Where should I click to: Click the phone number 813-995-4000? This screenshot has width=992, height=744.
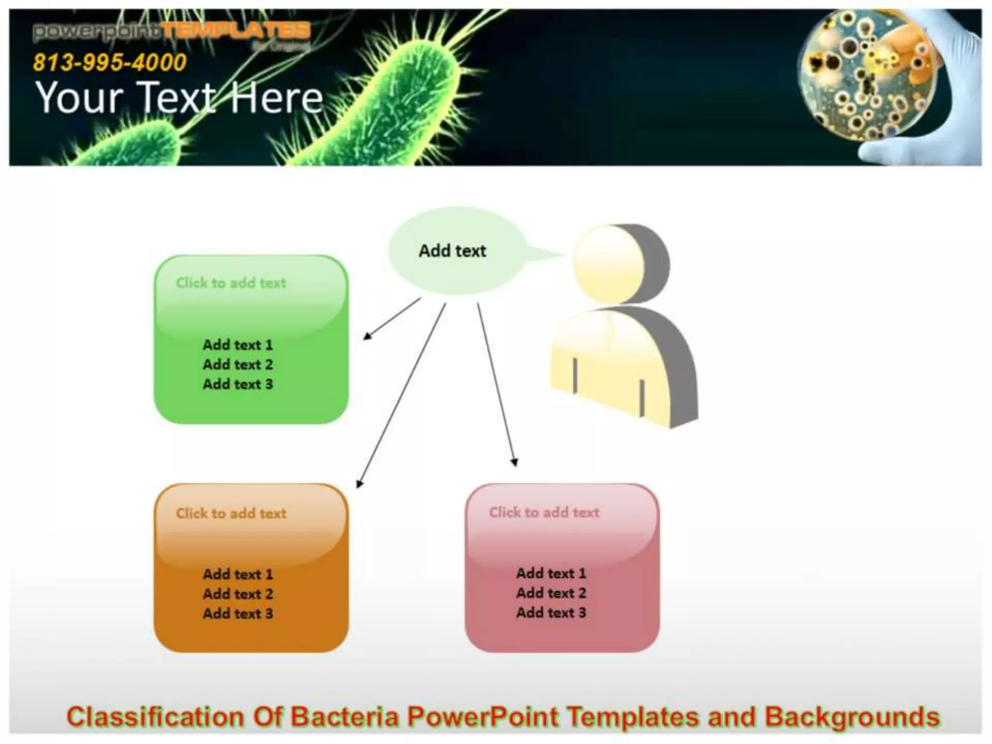click(x=109, y=62)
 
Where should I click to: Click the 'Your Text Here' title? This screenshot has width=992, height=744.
click(x=179, y=98)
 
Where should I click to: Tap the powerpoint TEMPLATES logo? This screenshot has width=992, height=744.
click(x=171, y=31)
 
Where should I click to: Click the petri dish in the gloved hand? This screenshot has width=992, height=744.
click(x=867, y=80)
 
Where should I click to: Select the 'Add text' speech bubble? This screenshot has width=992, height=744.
click(x=452, y=251)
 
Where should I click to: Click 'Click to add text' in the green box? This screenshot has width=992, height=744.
click(x=231, y=283)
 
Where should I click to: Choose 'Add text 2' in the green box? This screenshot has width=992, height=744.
click(x=238, y=364)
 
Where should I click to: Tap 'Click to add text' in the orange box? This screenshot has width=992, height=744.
click(x=231, y=513)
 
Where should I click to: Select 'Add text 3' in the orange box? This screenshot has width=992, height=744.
click(x=238, y=613)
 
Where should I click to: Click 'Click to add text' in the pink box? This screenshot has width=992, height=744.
click(x=544, y=512)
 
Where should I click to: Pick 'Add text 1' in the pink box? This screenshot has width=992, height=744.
click(x=551, y=573)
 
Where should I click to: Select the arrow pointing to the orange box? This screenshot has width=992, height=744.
click(x=401, y=395)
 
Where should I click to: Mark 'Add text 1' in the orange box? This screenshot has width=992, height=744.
click(x=238, y=574)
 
